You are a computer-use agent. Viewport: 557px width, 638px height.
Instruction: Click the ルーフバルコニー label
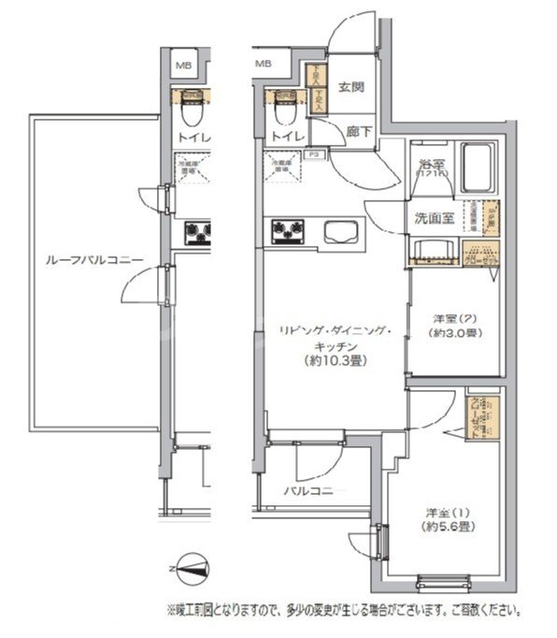(x=79, y=263)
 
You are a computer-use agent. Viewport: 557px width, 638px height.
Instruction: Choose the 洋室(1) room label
(x=446, y=513)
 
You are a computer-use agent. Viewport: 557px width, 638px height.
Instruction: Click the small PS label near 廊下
(x=315, y=154)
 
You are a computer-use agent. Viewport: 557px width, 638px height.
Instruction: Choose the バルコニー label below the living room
(x=313, y=490)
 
